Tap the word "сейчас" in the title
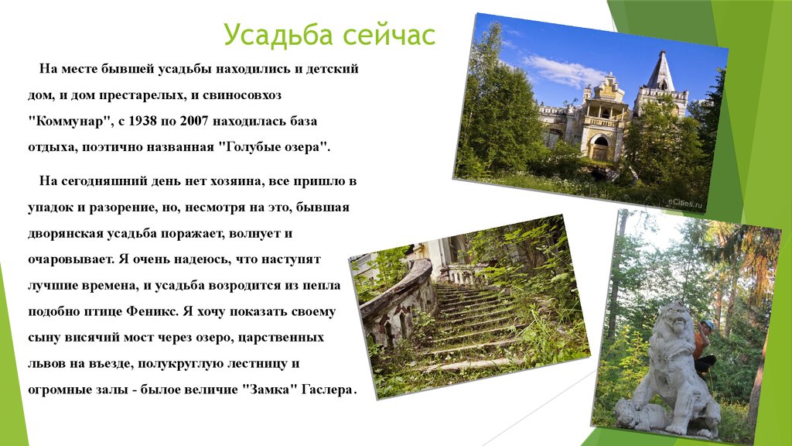click(x=388, y=35)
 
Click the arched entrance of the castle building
click(x=599, y=147)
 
